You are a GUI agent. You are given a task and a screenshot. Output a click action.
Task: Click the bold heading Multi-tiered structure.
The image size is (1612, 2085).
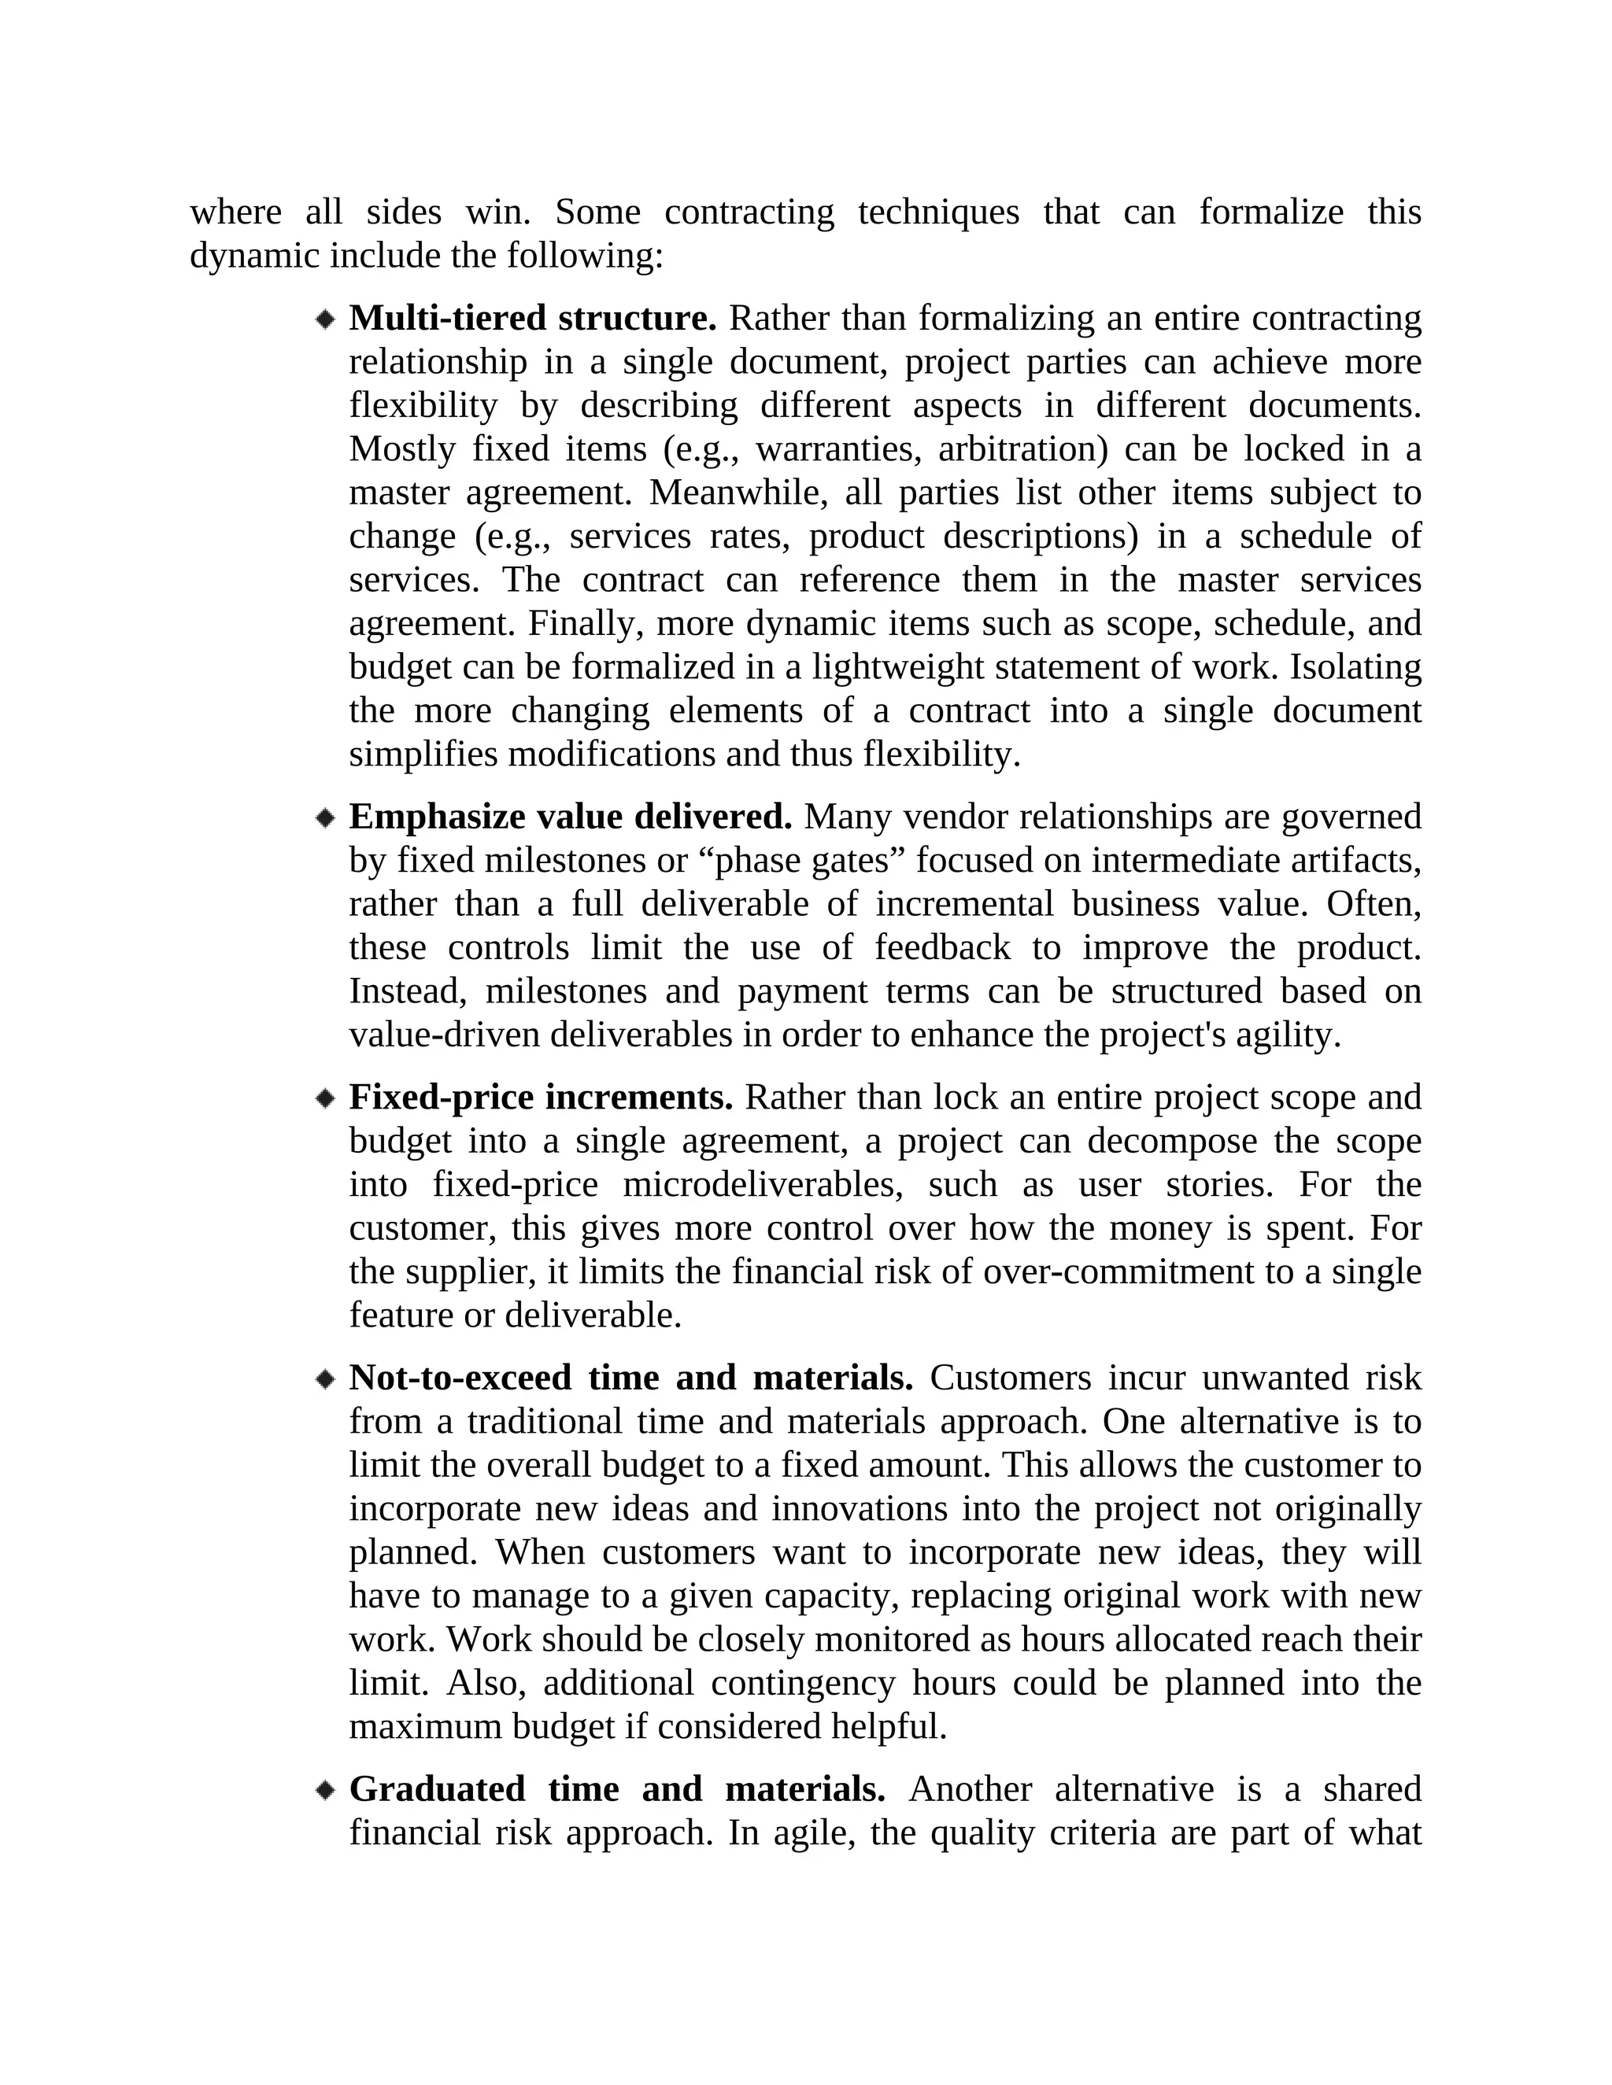532,318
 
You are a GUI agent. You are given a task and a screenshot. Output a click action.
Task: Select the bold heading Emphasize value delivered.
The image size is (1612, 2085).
570,817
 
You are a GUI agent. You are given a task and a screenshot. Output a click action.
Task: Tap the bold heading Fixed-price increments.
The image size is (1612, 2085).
541,1098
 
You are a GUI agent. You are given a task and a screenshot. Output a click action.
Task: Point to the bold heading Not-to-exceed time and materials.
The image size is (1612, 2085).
630,1378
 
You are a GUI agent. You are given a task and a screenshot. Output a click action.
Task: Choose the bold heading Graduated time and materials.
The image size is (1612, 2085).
617,1789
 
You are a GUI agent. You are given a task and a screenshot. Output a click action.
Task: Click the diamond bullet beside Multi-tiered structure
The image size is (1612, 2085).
326,319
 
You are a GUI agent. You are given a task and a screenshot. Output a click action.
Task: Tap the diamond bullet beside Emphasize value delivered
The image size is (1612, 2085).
326,818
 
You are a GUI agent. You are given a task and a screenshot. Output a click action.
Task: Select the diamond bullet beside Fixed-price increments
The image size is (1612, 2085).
326,1099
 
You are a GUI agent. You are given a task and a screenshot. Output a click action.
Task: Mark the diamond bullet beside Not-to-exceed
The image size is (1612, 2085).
326,1379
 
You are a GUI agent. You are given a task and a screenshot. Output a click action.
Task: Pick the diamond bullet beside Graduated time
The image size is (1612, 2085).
326,1790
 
